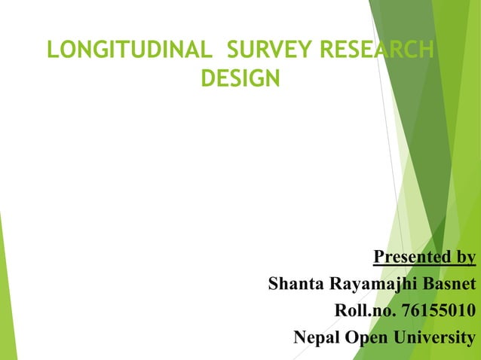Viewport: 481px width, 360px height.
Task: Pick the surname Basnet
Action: [x=451, y=285]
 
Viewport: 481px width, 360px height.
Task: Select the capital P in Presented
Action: [x=378, y=258]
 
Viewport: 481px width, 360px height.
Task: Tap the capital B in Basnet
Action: [x=431, y=285]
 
